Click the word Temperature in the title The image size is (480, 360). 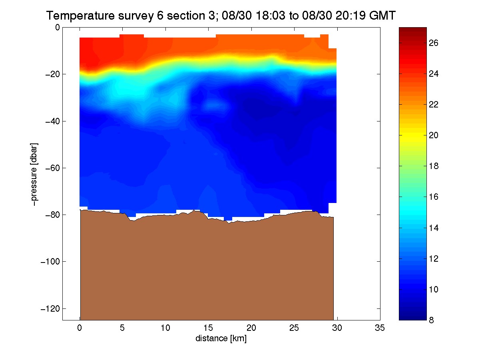(x=80, y=16)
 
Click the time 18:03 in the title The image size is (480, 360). (x=271, y=16)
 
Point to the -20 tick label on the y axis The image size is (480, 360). (x=52, y=75)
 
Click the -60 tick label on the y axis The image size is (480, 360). (x=52, y=168)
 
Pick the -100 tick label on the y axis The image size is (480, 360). (x=50, y=261)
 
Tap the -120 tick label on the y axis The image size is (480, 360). (x=50, y=308)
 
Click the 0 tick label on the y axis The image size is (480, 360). (x=58, y=28)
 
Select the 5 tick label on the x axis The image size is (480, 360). (x=122, y=328)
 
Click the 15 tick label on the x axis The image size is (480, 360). (x=208, y=328)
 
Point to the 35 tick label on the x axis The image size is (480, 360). (x=380, y=328)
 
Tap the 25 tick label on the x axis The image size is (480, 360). (x=294, y=328)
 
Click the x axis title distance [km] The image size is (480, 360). (x=221, y=338)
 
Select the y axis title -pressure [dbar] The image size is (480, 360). (x=34, y=175)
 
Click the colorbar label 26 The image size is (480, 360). (x=433, y=43)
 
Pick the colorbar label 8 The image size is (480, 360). (x=431, y=320)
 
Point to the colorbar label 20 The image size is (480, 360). (x=433, y=135)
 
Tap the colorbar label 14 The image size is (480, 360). (x=433, y=228)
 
